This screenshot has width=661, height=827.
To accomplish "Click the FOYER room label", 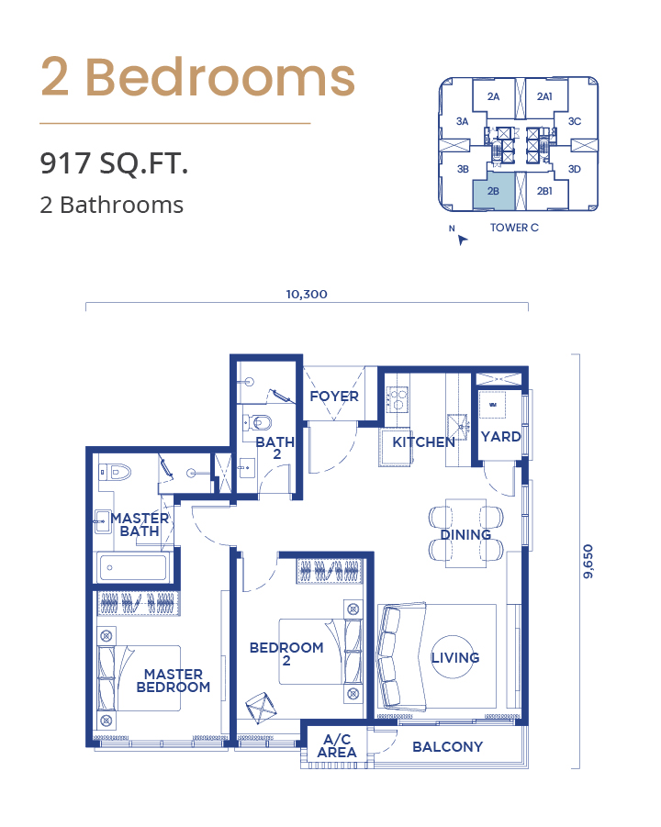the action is [334, 397].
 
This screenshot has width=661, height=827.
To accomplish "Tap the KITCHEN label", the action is [423, 442].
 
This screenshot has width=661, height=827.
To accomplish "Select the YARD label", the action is [500, 437].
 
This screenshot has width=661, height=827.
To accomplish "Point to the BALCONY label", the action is [447, 747].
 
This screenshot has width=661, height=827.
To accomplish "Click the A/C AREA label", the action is [337, 746].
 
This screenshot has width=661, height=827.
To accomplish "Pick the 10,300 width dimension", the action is [307, 295].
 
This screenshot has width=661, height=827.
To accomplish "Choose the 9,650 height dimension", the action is [588, 561].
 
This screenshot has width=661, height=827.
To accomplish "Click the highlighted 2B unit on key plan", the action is [493, 190].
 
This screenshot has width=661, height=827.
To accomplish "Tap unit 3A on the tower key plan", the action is [462, 121].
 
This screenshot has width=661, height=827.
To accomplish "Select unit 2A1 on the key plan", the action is [544, 96].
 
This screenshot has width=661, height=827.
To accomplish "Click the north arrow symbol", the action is [462, 240].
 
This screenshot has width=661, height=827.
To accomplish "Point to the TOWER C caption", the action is [514, 228].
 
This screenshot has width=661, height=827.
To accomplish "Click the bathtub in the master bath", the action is [132, 567].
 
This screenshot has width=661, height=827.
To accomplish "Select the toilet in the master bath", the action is [115, 472].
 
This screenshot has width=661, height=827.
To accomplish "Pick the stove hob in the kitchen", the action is [397, 399].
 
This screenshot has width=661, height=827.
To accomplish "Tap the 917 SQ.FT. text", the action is [114, 163].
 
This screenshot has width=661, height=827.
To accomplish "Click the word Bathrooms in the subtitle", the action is [122, 206].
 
